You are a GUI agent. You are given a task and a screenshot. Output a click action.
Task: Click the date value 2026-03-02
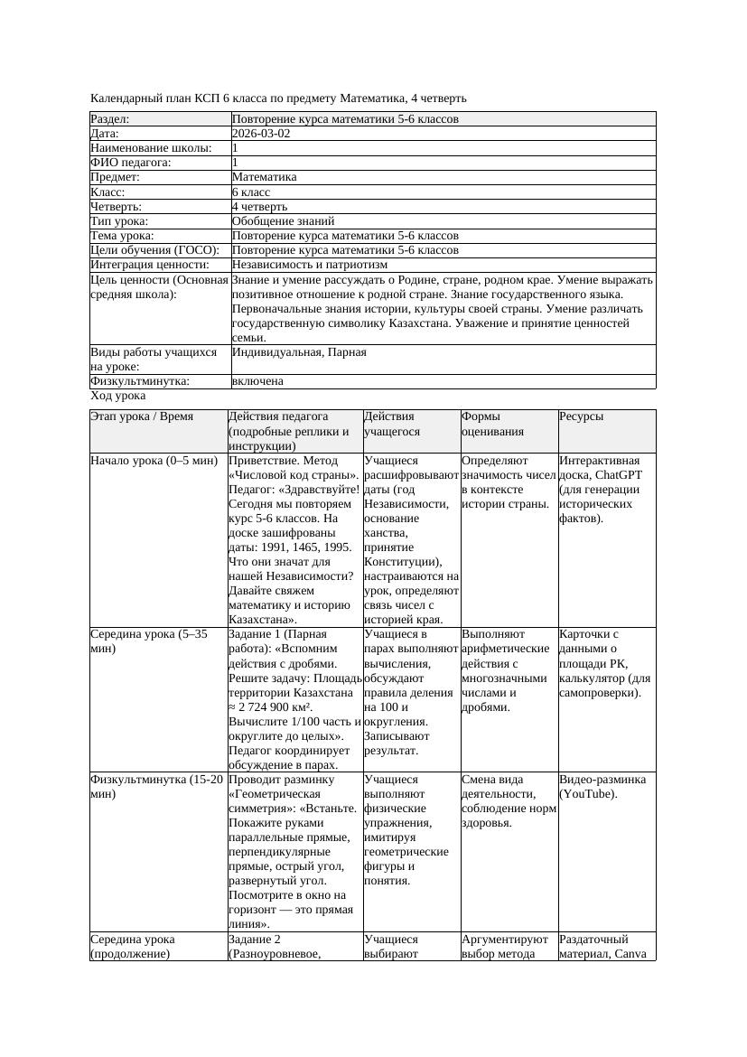(261, 134)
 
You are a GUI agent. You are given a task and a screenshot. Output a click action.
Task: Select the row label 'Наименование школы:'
(152, 148)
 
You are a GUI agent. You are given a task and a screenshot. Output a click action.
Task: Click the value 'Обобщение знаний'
(283, 220)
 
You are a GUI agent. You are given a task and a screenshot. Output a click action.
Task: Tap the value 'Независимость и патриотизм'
(309, 265)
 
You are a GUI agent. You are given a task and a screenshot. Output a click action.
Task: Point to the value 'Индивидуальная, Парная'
(299, 352)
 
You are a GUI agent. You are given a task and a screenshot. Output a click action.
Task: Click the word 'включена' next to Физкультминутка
(257, 381)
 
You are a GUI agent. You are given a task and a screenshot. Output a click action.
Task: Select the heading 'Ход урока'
(117, 396)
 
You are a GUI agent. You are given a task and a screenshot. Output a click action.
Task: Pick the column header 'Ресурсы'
(581, 416)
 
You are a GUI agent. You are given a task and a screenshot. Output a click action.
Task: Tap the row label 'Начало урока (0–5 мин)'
(154, 461)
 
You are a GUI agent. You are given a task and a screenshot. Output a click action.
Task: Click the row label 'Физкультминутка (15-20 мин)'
(156, 786)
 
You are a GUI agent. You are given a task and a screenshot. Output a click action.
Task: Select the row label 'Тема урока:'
(122, 236)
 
